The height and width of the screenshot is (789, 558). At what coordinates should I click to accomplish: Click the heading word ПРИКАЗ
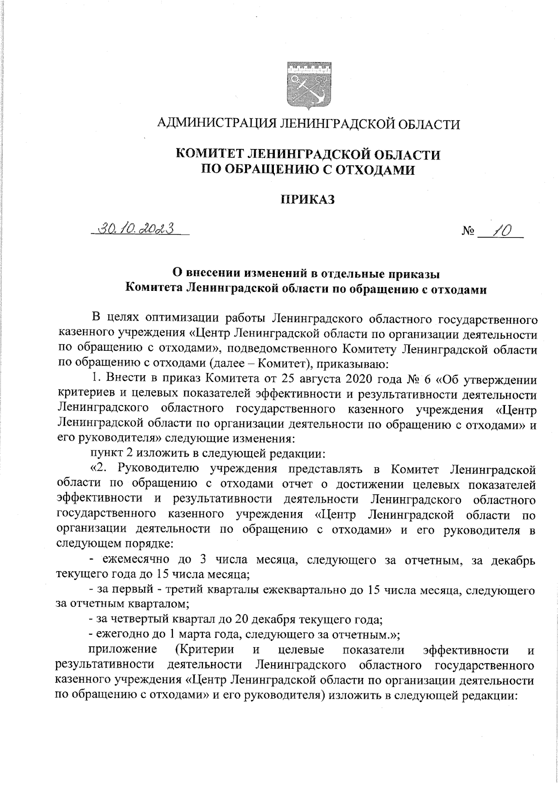307,200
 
